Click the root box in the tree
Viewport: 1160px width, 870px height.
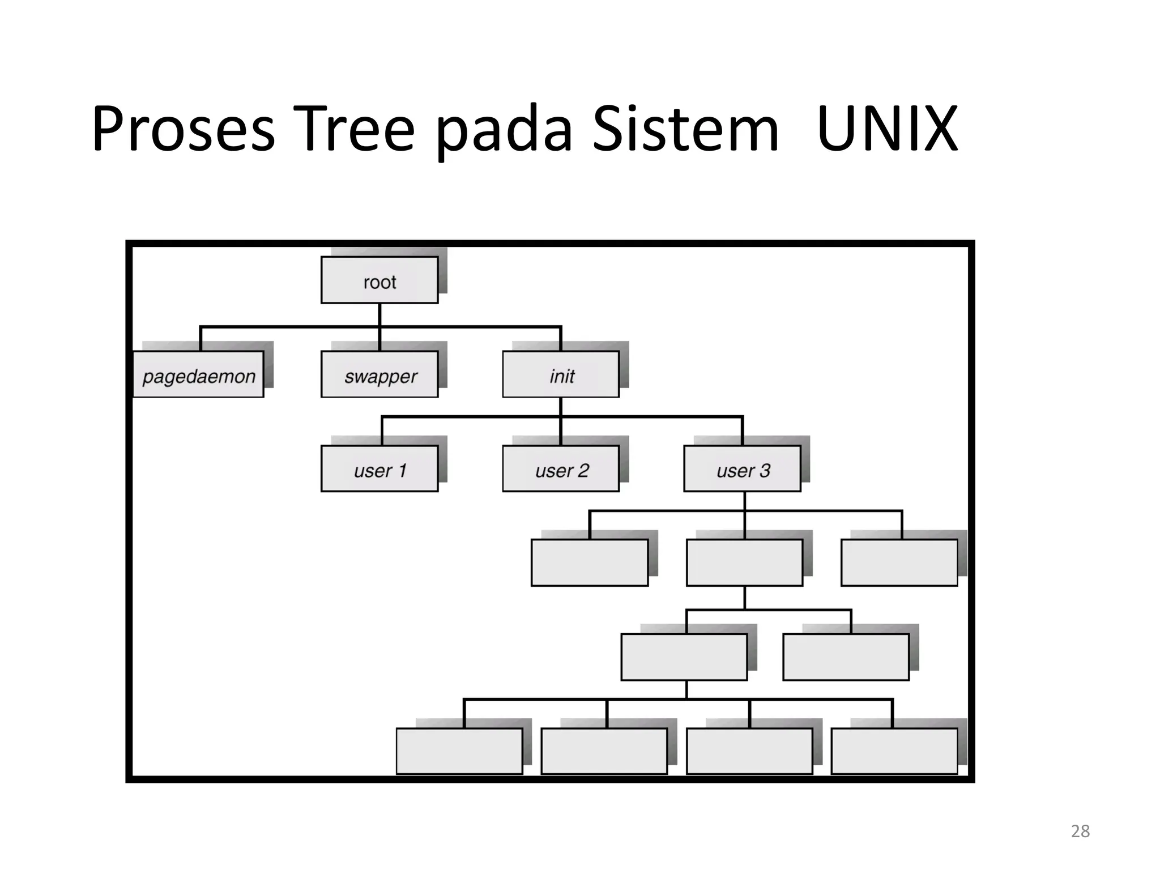tap(379, 280)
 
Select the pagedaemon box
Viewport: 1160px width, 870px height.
tap(198, 374)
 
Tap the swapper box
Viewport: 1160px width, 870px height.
tap(379, 374)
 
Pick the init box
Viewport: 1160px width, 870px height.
tap(561, 374)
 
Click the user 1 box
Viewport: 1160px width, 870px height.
tap(379, 469)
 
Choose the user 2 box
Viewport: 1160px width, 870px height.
tap(561, 469)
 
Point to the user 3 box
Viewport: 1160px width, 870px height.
tap(742, 469)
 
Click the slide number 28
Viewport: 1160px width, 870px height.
tap(1080, 831)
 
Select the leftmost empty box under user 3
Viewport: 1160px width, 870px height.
tap(590, 562)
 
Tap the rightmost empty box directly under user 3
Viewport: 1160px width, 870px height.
tap(899, 562)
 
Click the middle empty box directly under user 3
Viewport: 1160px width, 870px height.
tap(744, 562)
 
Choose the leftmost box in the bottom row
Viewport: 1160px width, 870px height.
tap(459, 751)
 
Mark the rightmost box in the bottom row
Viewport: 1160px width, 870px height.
tap(894, 751)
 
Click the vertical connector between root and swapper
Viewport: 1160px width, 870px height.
tap(379, 327)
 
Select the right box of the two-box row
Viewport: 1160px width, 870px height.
tap(846, 657)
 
